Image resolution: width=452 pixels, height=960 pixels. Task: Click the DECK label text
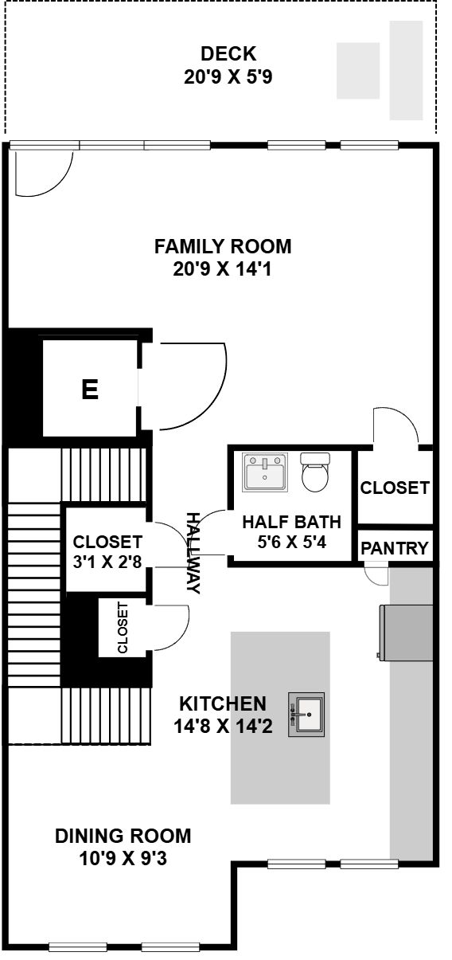[228, 54]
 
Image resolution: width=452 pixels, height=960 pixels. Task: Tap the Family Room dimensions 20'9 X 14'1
[222, 269]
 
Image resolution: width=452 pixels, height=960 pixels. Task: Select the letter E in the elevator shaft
[90, 390]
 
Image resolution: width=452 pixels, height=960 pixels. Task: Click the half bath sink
[265, 472]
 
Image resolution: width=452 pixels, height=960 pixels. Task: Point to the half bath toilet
[316, 472]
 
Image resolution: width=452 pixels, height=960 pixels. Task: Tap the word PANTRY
[394, 548]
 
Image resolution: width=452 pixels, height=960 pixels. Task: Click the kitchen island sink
[306, 715]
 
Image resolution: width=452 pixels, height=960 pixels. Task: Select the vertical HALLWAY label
[194, 553]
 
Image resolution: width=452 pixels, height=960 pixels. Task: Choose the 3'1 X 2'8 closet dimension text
[107, 562]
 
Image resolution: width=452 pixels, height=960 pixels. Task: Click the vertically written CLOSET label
[123, 628]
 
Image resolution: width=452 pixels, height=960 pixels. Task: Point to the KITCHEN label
[223, 704]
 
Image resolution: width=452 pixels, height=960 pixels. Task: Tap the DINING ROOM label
[123, 837]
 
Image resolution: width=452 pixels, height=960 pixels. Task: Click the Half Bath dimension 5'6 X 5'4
[291, 543]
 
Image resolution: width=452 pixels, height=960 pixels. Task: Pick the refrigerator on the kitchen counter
[405, 632]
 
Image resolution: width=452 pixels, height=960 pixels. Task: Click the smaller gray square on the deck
[358, 71]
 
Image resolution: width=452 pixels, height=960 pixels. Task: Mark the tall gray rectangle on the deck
[406, 70]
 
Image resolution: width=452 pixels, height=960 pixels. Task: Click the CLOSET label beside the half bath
[394, 488]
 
